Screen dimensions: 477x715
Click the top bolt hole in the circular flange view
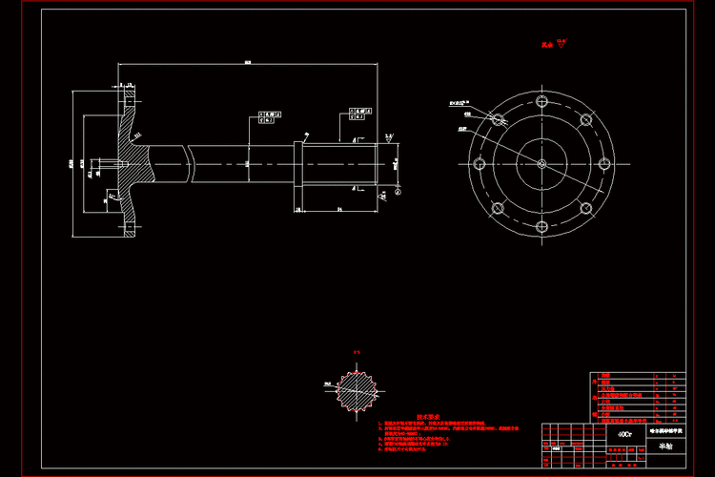click(x=541, y=100)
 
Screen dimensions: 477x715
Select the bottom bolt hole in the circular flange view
click(x=541, y=227)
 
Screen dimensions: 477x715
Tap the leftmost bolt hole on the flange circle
click(x=478, y=163)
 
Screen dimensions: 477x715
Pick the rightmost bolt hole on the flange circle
click(x=603, y=163)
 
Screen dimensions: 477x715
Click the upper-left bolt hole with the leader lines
click(x=497, y=119)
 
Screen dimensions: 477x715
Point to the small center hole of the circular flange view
click(x=541, y=164)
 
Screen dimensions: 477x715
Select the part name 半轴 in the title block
click(x=664, y=446)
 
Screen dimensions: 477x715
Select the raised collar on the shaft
click(x=297, y=172)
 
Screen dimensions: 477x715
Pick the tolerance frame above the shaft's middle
click(x=272, y=117)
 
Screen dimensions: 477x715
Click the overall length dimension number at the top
click(x=248, y=63)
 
